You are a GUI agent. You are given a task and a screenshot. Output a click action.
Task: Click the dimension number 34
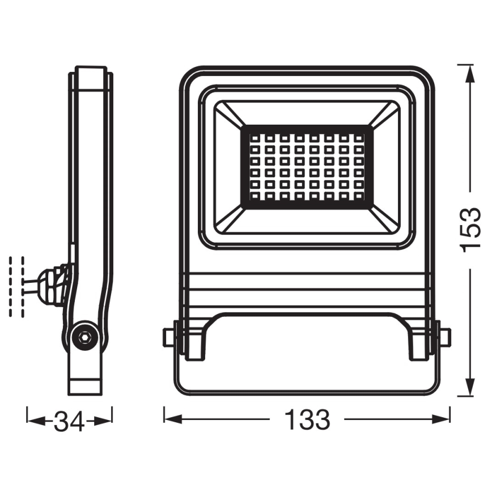click(x=69, y=421)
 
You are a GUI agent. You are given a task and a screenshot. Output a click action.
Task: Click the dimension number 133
click(x=307, y=421)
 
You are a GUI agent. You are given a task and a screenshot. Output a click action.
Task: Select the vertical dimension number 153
click(x=469, y=228)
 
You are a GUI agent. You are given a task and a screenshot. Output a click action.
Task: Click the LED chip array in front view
click(x=307, y=167)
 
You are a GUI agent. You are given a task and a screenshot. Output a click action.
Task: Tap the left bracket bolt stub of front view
click(x=168, y=337)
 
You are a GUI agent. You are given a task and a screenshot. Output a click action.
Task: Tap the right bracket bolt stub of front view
click(x=445, y=337)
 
